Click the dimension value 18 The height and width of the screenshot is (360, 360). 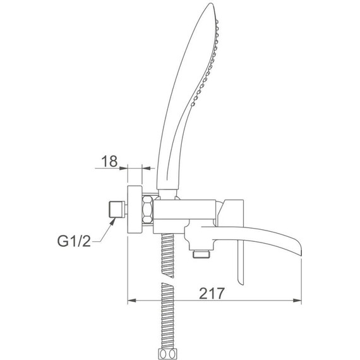coord(109,161)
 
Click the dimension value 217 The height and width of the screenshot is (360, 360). coord(211,293)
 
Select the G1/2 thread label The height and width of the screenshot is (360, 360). coord(74,241)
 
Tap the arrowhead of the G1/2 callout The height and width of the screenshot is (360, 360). coord(112,221)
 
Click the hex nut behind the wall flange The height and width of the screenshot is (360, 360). coord(147,209)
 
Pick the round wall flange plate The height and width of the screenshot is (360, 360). coord(135,210)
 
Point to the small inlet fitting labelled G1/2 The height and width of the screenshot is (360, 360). coord(117,209)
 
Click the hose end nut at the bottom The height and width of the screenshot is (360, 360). coord(168,354)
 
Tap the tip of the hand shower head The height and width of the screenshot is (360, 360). coord(211,3)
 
